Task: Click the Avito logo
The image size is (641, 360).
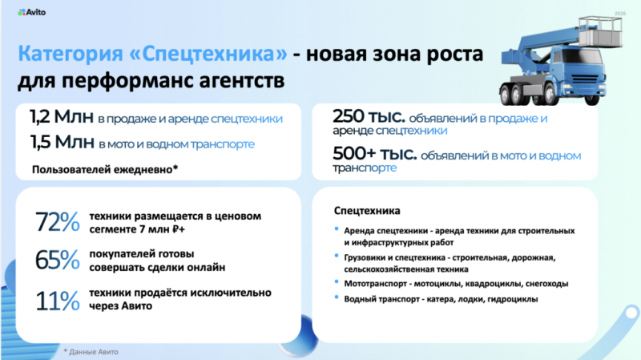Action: pyautogui.click(x=31, y=12)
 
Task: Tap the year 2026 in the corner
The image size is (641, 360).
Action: pyautogui.click(x=619, y=14)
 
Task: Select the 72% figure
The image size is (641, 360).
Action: pyautogui.click(x=58, y=222)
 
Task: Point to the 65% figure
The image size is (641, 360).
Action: pyautogui.click(x=58, y=260)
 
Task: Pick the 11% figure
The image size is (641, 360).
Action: pyautogui.click(x=58, y=301)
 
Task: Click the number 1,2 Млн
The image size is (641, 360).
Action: pyautogui.click(x=62, y=116)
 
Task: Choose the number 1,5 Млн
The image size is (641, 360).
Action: pyautogui.click(x=62, y=142)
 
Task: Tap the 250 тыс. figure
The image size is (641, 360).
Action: pyautogui.click(x=369, y=116)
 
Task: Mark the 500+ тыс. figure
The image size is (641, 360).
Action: pyautogui.click(x=375, y=153)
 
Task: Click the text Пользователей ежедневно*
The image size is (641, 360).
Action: pyautogui.click(x=105, y=169)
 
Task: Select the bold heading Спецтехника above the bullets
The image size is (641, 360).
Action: pyautogui.click(x=367, y=211)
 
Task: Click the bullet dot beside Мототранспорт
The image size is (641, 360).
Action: pyautogui.click(x=337, y=282)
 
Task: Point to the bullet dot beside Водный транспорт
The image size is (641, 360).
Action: pyautogui.click(x=337, y=297)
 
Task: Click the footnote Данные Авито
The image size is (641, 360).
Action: pyautogui.click(x=94, y=352)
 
